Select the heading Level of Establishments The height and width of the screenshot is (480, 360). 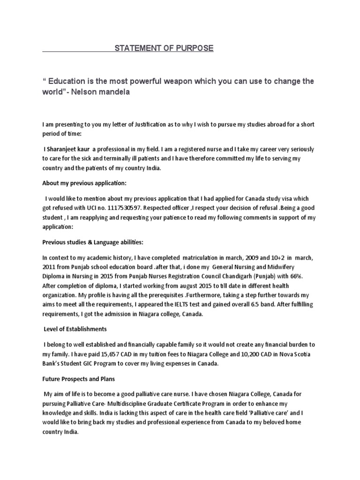point(75,329)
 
